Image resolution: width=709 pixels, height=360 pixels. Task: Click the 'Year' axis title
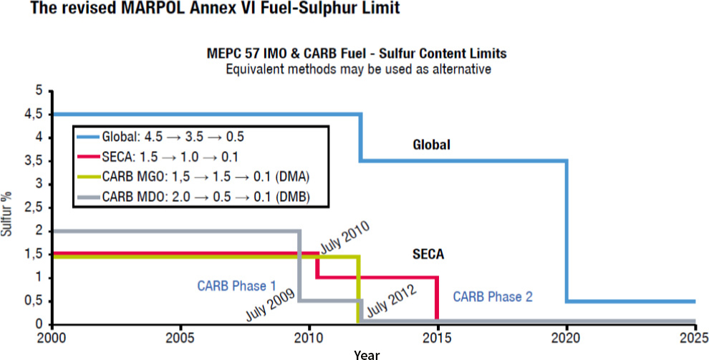click(366, 354)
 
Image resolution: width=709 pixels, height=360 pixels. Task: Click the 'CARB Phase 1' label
click(236, 285)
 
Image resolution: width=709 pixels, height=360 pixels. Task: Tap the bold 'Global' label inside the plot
click(431, 145)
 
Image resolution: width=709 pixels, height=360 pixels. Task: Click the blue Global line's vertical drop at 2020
click(566, 229)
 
